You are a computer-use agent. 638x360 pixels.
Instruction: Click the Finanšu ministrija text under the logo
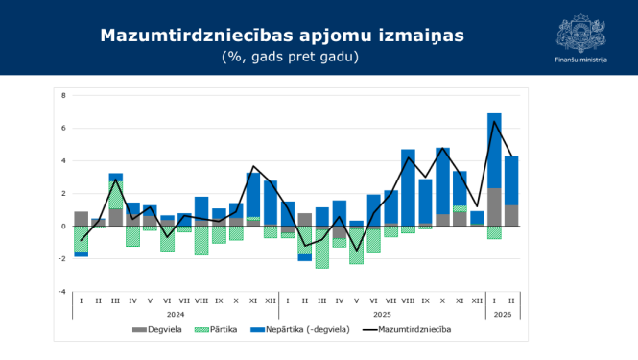pos(580,60)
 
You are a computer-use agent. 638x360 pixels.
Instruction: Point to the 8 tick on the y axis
pos(62,95)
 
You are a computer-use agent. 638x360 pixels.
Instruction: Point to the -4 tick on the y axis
pos(61,291)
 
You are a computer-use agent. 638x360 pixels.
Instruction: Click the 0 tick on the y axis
pos(62,226)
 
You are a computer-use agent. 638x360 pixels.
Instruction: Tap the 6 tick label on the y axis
pos(62,128)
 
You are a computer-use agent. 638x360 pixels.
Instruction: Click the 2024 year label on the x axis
pos(176,313)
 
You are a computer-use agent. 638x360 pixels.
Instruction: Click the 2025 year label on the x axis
pos(382,313)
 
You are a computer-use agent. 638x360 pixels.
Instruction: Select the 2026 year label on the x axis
pos(504,313)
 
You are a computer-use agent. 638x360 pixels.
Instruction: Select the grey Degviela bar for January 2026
pos(494,206)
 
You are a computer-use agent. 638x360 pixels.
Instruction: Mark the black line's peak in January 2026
pos(494,121)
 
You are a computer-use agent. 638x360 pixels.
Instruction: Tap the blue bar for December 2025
pos(477,217)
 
